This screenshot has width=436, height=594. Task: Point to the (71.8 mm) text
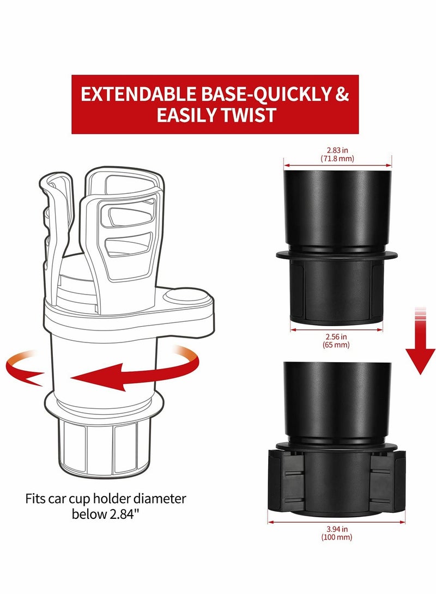click(337, 159)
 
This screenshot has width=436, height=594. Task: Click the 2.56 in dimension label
click(336, 338)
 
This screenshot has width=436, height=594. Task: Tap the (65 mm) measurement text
click(336, 346)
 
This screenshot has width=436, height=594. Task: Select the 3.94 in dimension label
click(336, 529)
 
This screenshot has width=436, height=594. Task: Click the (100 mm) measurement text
click(336, 537)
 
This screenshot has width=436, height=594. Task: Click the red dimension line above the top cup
click(337, 165)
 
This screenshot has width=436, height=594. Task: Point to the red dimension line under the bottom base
click(336, 522)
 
